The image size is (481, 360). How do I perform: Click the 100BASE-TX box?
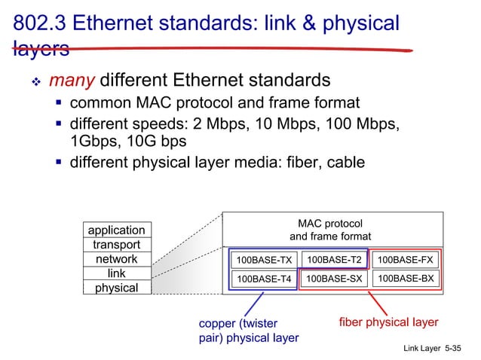(x=263, y=261)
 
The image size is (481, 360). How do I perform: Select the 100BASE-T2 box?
(x=334, y=260)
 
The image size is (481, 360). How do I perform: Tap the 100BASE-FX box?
(x=406, y=260)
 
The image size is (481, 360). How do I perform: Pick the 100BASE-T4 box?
(x=263, y=279)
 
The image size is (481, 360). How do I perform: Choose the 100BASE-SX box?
(x=334, y=279)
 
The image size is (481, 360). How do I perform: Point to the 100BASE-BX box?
(x=406, y=279)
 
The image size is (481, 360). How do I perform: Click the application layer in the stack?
(x=116, y=230)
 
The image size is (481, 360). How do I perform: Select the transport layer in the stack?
(x=116, y=245)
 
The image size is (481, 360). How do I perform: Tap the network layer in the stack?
(x=116, y=259)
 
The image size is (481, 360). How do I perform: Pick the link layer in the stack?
(x=116, y=273)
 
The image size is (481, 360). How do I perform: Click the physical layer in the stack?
(x=116, y=288)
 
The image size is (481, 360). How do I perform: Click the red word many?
(x=72, y=79)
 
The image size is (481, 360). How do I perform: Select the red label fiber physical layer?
(x=388, y=322)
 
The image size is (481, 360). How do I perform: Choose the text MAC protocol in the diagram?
(x=330, y=224)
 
